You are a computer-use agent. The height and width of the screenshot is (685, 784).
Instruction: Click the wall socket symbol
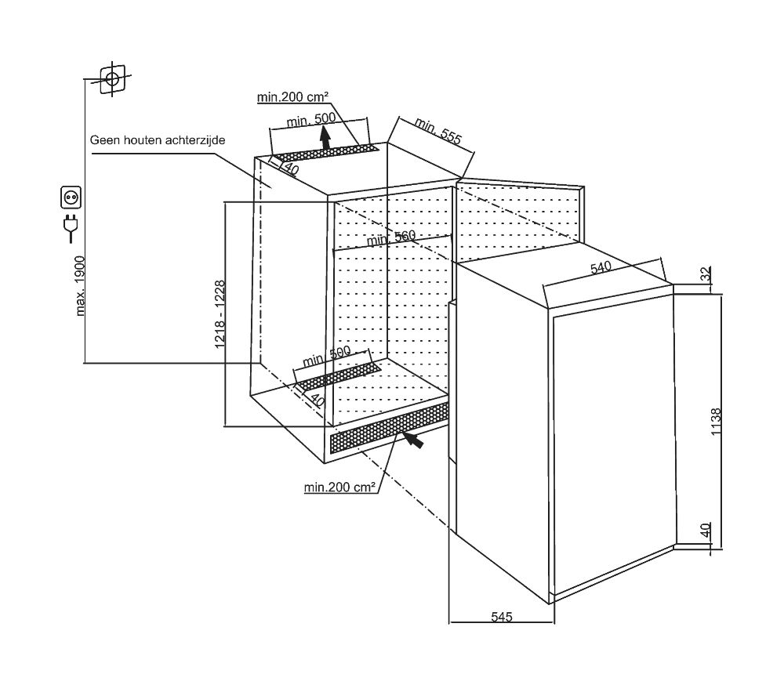coord(71,197)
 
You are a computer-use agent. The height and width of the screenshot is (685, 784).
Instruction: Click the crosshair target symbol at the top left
coord(112,79)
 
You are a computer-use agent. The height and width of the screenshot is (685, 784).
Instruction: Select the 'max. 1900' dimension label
coord(80,286)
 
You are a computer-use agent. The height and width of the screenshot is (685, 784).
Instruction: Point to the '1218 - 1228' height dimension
coord(220,314)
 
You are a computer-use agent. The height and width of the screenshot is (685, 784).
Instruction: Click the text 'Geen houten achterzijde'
coord(158,140)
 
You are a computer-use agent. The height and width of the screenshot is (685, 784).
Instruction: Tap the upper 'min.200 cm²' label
coord(292,96)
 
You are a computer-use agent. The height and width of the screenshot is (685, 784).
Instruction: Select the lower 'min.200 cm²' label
coord(339,487)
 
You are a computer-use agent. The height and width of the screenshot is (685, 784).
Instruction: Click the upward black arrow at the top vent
coord(326,136)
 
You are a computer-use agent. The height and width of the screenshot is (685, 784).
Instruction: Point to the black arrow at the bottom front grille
coord(413,440)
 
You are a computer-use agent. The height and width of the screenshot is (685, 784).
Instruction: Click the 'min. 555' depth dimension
coord(438,131)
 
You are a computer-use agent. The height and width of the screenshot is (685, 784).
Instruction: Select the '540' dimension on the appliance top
coord(601,267)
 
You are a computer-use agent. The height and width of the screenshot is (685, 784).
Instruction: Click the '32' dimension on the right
coord(705,274)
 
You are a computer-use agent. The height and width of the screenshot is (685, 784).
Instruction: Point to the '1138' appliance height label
coord(717,422)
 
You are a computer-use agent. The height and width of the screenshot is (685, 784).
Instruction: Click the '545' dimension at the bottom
coord(502,617)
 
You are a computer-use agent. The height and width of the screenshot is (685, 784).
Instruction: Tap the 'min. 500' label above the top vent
coord(311,119)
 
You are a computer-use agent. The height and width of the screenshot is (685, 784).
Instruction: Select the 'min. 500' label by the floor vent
coord(327,356)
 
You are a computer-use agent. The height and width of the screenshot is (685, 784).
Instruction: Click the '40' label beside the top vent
coord(291,169)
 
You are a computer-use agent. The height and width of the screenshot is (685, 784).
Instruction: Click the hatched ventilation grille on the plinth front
coord(390,428)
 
